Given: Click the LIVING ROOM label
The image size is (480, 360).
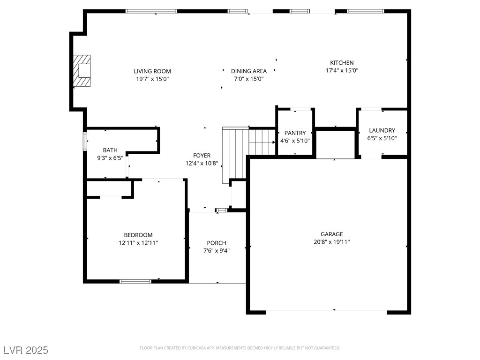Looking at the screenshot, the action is [x=152, y=71].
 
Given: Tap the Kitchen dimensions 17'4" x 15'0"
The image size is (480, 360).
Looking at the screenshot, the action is [x=342, y=70].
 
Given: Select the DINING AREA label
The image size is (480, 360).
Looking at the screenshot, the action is [x=248, y=71].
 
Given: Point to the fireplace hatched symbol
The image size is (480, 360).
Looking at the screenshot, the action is [x=82, y=71].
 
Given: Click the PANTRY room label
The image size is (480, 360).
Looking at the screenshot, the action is [x=295, y=133].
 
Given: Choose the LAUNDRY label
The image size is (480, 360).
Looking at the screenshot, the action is [x=382, y=130].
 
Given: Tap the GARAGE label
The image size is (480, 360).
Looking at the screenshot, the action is [x=331, y=234].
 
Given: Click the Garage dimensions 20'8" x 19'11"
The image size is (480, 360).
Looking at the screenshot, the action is [x=331, y=242].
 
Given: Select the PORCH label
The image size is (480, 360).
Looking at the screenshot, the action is [x=217, y=243].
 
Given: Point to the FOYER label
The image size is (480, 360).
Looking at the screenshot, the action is [x=202, y=156].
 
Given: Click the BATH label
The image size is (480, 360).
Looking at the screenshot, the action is [x=110, y=150].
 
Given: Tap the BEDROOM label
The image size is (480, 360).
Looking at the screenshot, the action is [x=138, y=235].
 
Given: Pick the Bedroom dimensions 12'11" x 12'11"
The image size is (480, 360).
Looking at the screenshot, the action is [x=138, y=243].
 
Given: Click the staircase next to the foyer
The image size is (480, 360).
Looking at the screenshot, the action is [x=248, y=153].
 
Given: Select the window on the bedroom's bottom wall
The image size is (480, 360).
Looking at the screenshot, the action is [x=135, y=281].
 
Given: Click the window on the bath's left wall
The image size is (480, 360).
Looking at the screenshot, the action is [x=85, y=141].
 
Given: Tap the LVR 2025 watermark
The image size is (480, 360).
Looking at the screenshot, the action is [x=26, y=350].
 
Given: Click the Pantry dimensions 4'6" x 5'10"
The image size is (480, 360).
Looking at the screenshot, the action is [x=295, y=141].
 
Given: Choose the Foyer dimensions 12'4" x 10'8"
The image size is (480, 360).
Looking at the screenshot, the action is [x=202, y=164].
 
